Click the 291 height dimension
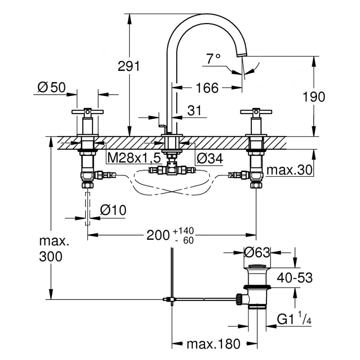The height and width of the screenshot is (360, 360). coord(129,66)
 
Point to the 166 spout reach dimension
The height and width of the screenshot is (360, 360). coord(207,88)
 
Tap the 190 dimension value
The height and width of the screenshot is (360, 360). coord(314,97)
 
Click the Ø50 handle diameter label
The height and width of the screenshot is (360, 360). coord(52,88)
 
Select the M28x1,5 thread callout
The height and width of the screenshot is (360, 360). coord(134,159)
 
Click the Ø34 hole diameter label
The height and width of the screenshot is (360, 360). coord(209,159)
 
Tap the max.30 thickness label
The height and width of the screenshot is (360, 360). coord(289,170)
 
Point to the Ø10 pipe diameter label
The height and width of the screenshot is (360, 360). coord(113,210)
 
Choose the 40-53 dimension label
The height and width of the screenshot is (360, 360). coord(295,278)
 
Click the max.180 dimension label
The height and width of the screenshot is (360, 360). coord(213,344)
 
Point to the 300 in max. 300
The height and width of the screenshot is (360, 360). coord(51,256)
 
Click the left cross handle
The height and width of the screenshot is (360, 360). coord(88,112)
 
